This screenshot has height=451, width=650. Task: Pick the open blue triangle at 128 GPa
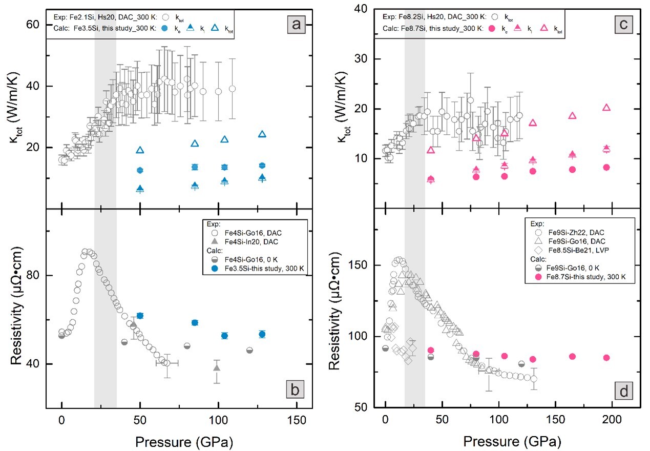(262, 134)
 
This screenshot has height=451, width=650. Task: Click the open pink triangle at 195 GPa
(606, 108)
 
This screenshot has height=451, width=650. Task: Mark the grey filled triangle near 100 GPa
(217, 368)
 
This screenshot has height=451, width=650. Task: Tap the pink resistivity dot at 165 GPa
(572, 356)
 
